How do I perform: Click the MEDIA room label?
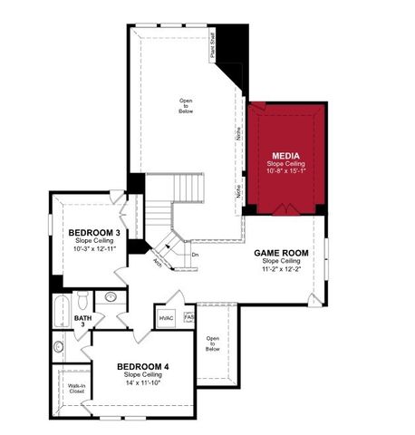click(x=285, y=142)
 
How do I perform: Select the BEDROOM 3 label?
click(x=95, y=233)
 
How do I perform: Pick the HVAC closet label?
click(x=166, y=318)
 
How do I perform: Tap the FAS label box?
click(x=188, y=317)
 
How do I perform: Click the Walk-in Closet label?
click(x=77, y=389)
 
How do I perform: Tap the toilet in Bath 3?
click(x=81, y=299)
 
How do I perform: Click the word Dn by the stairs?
click(x=194, y=255)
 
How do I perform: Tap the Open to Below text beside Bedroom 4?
click(x=213, y=343)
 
